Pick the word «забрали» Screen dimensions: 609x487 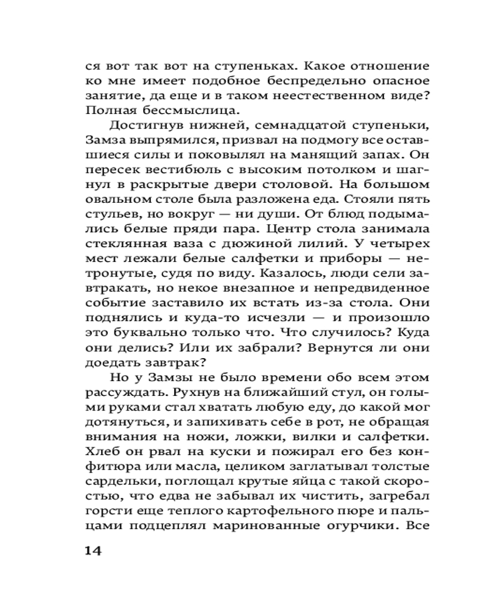(230, 348)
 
